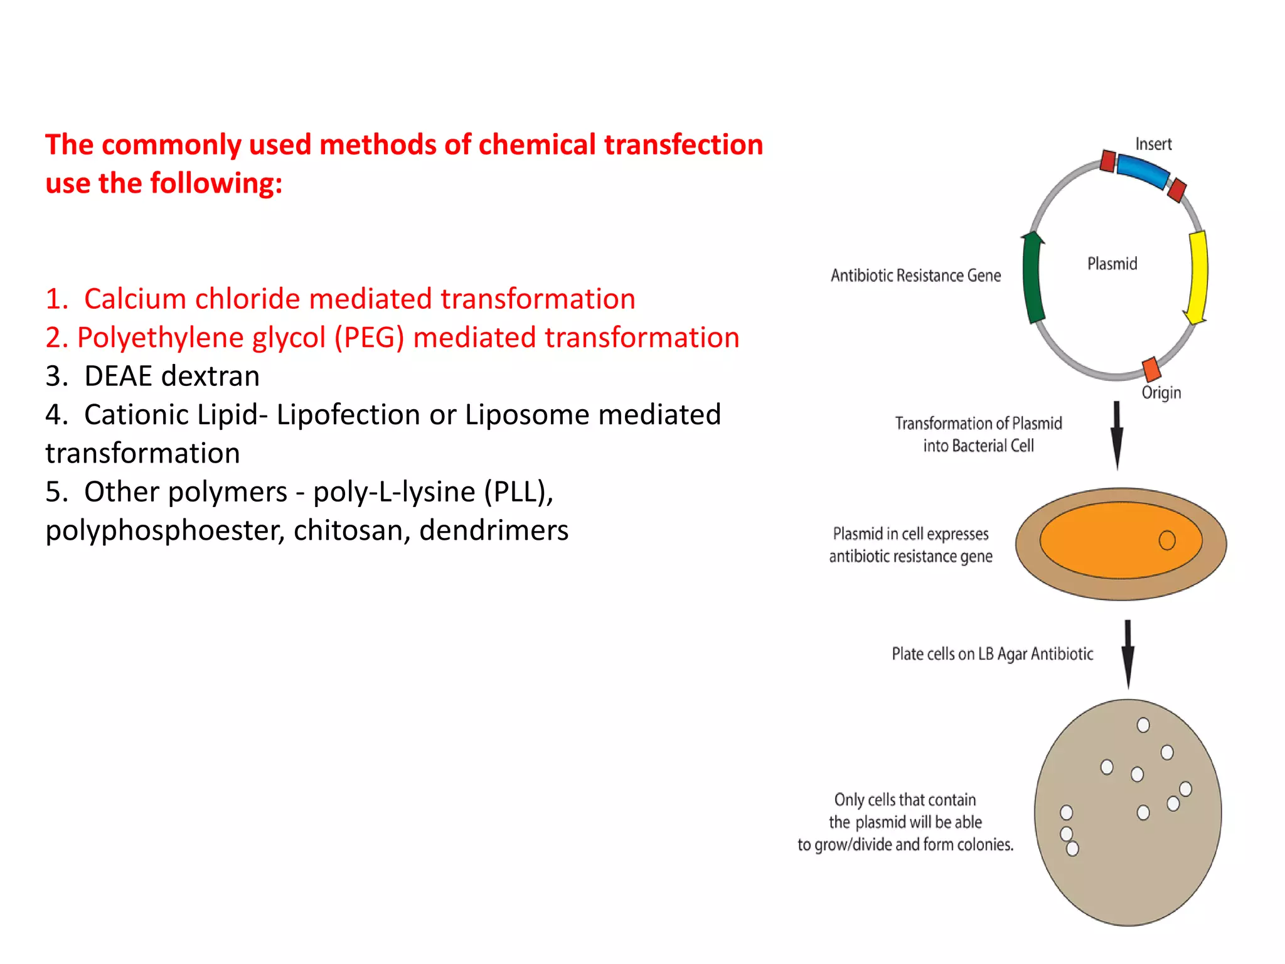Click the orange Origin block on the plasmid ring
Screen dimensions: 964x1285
(x=1152, y=369)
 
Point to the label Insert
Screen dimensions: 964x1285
(x=1153, y=144)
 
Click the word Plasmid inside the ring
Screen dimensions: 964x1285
(x=1112, y=264)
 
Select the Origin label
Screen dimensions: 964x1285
(x=1161, y=393)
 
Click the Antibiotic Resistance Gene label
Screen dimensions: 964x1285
(x=915, y=276)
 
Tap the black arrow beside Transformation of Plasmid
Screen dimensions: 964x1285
(x=1117, y=435)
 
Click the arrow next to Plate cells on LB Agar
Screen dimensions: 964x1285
(x=1128, y=654)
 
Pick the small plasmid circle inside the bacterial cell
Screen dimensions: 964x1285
(x=1166, y=540)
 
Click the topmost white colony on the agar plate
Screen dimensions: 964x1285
(x=1143, y=726)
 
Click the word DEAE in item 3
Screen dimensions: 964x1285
(x=118, y=377)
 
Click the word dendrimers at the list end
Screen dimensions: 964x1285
(x=494, y=530)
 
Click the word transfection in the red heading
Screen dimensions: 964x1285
(x=683, y=145)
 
